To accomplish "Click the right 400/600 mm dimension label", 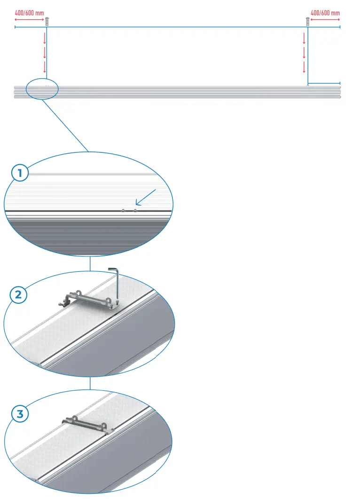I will [325, 13].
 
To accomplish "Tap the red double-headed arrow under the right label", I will [325, 20].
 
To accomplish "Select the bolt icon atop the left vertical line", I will [47, 21].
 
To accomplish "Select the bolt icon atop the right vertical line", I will [307, 21].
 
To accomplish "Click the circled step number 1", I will [20, 173].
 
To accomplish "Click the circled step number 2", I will [18, 295].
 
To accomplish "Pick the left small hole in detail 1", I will [123, 211].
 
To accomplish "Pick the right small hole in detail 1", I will [135, 211].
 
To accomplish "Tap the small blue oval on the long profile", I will [42, 89].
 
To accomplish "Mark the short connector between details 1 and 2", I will [90, 264].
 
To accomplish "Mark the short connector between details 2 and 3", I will [90, 383].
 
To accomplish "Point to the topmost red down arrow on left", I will [45, 38].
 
